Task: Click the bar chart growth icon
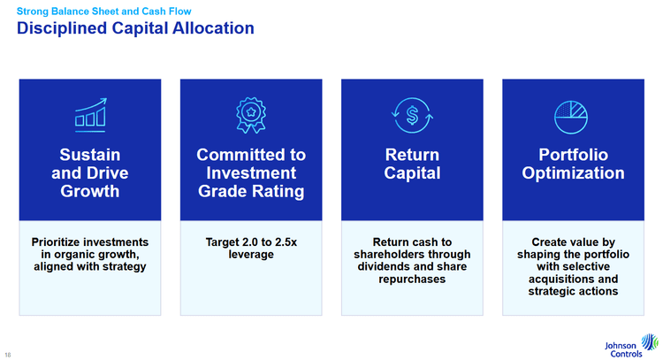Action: pos(90,115)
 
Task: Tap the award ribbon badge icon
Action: pos(251,115)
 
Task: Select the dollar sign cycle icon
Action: pos(412,115)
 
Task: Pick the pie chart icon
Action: pos(571,117)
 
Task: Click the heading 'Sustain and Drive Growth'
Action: pos(90,172)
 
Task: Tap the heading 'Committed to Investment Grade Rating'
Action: pos(251,172)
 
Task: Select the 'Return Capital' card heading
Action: pos(412,164)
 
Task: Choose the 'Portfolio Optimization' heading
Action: pos(573,164)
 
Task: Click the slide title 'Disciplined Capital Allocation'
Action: pos(135,28)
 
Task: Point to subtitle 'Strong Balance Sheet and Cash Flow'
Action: pos(104,11)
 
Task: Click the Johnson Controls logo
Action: pos(632,346)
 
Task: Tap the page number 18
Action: pos(8,355)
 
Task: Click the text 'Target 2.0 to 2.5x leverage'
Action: pos(251,249)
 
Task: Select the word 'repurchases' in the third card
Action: pos(412,280)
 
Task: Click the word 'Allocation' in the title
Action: pos(214,28)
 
